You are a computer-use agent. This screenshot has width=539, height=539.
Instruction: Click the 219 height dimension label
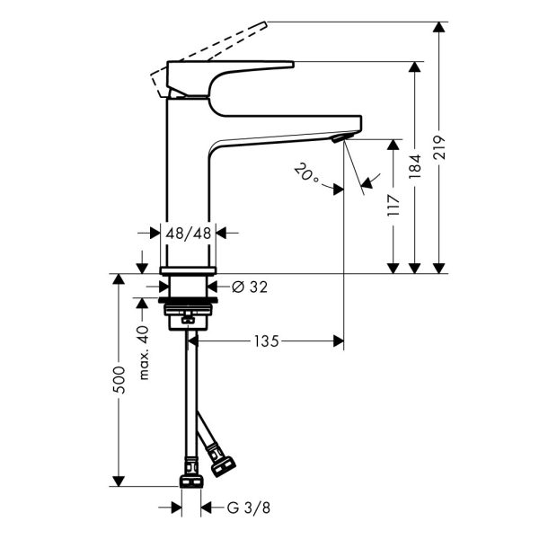(439, 147)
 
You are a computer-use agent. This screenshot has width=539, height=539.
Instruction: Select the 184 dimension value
(414, 167)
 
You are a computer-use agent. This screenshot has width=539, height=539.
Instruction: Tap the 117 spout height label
(393, 205)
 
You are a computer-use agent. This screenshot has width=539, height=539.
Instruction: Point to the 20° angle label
(306, 172)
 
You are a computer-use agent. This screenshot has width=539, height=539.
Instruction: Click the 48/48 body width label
(188, 234)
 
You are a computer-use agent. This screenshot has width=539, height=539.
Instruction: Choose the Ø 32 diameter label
(250, 287)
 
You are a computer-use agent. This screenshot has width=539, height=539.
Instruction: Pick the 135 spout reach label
(267, 341)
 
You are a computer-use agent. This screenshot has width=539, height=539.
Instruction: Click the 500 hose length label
(119, 380)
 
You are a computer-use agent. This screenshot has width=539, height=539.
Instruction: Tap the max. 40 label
(144, 353)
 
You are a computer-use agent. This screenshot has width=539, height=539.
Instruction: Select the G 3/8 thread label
(249, 508)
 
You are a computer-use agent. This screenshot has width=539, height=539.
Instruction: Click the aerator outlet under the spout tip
(340, 137)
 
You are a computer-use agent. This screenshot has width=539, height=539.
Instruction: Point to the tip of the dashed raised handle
(265, 23)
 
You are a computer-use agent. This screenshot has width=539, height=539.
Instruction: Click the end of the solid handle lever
(293, 65)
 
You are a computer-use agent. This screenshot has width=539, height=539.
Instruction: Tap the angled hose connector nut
(223, 466)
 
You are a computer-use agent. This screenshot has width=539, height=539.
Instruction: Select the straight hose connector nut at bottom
(191, 482)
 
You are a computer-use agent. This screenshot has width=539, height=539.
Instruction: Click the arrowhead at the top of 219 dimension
(438, 27)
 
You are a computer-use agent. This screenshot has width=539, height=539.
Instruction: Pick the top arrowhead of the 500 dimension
(119, 278)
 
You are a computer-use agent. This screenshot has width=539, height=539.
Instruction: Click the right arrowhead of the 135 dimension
(339, 341)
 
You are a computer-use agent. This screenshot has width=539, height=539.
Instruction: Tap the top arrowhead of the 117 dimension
(393, 145)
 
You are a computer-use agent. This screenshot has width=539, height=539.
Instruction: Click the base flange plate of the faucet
(188, 271)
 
